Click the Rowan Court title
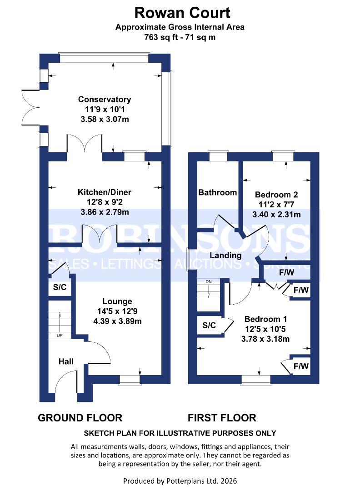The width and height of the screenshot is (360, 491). point(180,13)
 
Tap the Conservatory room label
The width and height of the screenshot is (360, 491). point(105,100)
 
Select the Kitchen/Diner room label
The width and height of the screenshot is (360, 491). point(104,192)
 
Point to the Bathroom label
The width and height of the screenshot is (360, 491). point(218,193)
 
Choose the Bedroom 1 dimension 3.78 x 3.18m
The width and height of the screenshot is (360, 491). point(265,339)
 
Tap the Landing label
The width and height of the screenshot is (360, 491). point(226,256)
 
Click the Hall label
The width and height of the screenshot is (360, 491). point(66,361)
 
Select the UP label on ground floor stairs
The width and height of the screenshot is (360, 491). point(60,336)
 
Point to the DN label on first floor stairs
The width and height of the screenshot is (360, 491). point(209,282)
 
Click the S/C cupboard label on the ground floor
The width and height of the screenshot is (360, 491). point(60,287)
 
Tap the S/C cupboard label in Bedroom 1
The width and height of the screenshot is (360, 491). point(209,326)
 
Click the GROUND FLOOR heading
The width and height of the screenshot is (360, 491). point(80,417)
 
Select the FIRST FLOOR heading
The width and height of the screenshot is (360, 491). point(222,417)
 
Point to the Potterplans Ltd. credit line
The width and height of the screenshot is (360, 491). point(180,481)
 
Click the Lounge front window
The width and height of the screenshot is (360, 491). point(130,379)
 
